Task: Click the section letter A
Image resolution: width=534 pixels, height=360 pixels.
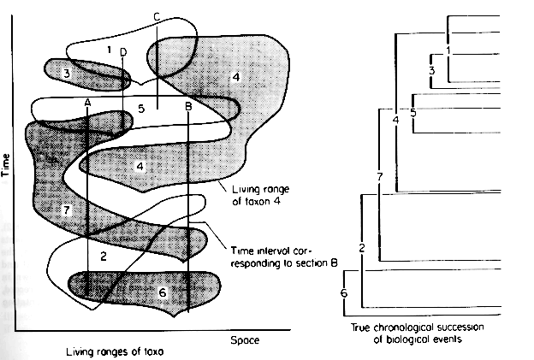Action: pos(88,101)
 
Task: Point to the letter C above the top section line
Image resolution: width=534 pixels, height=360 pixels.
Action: pos(157,16)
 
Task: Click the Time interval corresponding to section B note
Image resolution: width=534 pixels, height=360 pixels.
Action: pos(280,255)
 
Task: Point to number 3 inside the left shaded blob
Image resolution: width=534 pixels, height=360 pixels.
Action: pos(66,75)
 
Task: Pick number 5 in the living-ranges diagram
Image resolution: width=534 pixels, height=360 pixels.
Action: pos(141,109)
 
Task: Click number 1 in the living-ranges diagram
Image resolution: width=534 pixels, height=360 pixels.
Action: pos(110,50)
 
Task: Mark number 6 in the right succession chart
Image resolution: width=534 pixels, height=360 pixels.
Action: pos(344,293)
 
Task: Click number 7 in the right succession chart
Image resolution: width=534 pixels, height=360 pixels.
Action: pos(378,177)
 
